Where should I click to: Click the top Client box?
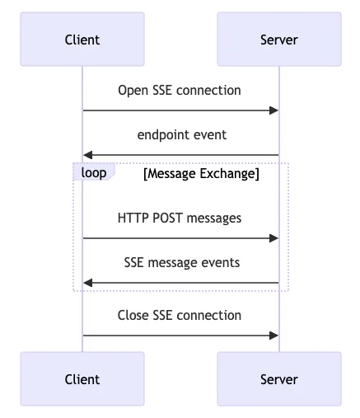click(82, 39)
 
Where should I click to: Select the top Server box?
click(279, 39)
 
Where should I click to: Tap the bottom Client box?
click(82, 378)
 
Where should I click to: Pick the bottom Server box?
click(279, 378)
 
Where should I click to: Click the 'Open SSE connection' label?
click(180, 91)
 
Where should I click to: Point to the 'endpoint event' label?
click(182, 135)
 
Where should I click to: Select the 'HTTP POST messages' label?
click(180, 218)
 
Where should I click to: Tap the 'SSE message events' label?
click(182, 262)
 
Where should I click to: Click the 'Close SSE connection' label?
click(180, 315)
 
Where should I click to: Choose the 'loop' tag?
click(94, 172)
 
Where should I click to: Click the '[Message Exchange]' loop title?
click(201, 174)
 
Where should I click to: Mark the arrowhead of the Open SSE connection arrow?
click(274, 110)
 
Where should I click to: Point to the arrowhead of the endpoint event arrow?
click(88, 155)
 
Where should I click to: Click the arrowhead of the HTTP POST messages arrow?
click(274, 238)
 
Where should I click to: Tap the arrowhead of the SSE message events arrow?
click(88, 283)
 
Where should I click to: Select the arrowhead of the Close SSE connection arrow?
click(274, 336)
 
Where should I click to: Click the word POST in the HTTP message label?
click(167, 218)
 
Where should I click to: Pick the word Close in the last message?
click(133, 315)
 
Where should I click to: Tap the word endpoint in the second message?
click(164, 135)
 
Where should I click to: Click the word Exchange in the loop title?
click(230, 174)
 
